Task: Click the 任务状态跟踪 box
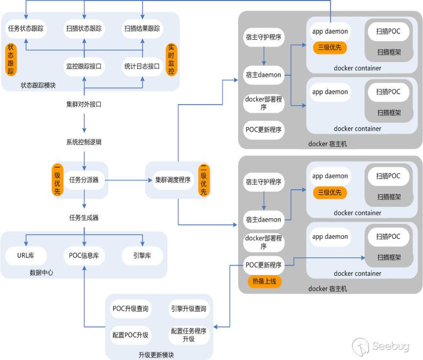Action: (x=26, y=28)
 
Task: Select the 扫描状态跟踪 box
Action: (x=84, y=28)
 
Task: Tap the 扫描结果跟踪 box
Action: (x=142, y=28)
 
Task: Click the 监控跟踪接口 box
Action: (x=84, y=66)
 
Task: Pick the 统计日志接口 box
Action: (x=142, y=66)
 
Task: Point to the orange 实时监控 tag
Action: (x=171, y=60)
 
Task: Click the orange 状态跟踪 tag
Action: (x=10, y=60)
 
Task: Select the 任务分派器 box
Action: (x=84, y=180)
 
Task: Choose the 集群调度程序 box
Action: (x=172, y=180)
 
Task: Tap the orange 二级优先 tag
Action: (x=203, y=180)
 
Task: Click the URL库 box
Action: (x=26, y=255)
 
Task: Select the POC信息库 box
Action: (x=84, y=255)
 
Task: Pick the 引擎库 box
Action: (x=142, y=255)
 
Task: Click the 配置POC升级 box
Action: (x=131, y=335)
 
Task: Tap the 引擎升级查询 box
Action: (x=188, y=309)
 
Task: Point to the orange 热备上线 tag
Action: (x=265, y=281)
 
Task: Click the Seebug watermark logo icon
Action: (x=360, y=346)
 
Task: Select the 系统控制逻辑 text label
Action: (x=84, y=142)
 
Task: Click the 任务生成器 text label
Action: (x=84, y=217)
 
